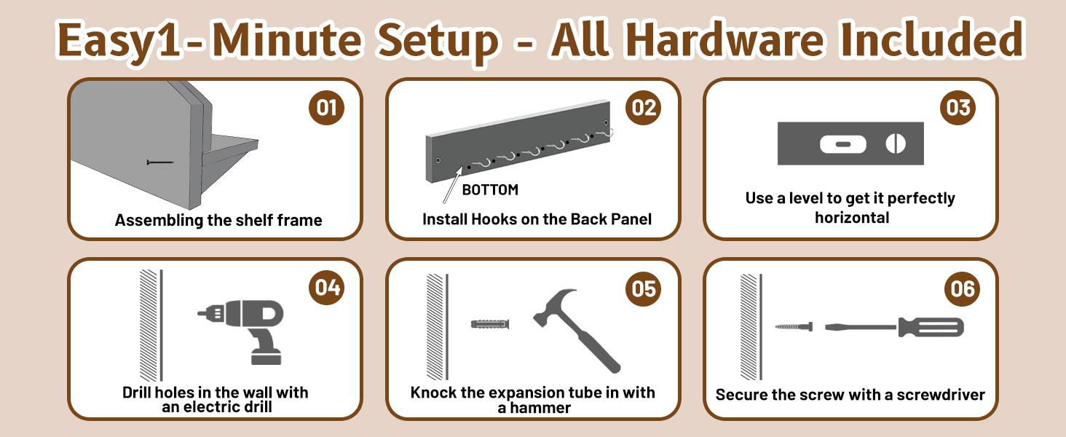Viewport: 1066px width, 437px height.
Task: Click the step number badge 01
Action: tap(326, 108)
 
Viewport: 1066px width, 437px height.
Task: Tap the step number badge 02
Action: tap(644, 108)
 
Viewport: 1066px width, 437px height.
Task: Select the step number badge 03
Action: tap(958, 108)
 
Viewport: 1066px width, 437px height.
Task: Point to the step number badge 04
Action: tap(328, 288)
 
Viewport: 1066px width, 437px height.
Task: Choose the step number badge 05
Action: tap(644, 288)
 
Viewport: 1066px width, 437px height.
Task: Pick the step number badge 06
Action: tap(963, 288)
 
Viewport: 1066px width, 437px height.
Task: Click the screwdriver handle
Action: tap(931, 328)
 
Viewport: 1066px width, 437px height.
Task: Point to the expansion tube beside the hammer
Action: tap(490, 324)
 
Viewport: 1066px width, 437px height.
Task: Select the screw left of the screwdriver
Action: tap(794, 326)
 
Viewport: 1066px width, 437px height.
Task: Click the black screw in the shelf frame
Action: tap(160, 163)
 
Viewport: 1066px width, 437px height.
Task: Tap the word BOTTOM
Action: tap(490, 190)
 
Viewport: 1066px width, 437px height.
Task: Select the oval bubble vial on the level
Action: tap(842, 144)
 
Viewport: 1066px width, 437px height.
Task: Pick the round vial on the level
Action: tap(896, 143)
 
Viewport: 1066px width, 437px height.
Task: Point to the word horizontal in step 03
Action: tap(852, 218)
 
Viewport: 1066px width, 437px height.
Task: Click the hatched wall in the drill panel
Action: tap(149, 326)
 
